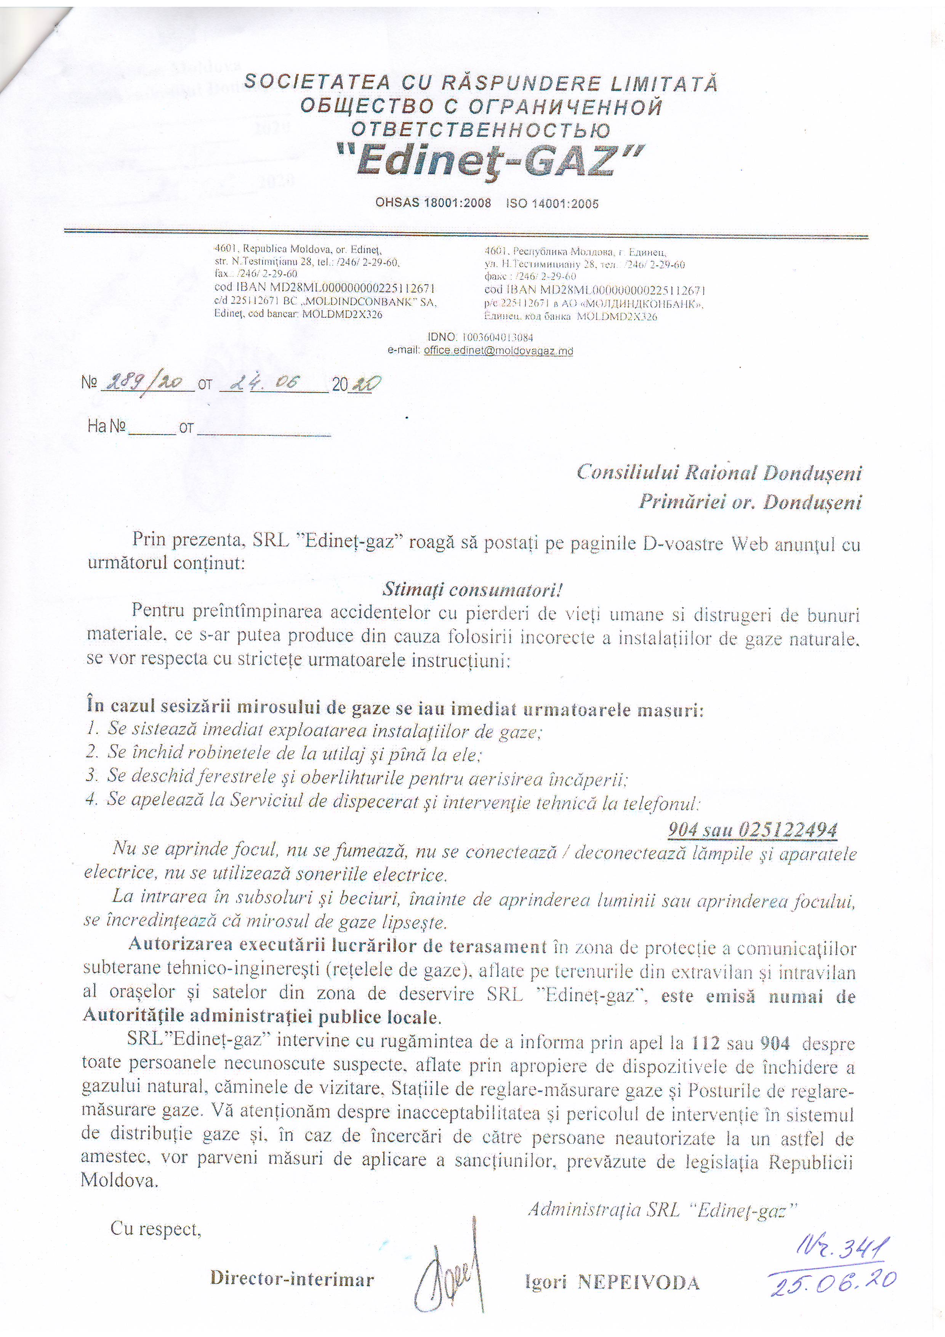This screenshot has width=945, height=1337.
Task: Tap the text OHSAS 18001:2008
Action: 433,203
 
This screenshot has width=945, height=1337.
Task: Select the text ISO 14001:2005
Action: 552,203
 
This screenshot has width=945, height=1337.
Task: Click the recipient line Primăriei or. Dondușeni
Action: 750,502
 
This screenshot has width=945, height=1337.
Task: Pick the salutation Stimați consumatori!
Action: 472,590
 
